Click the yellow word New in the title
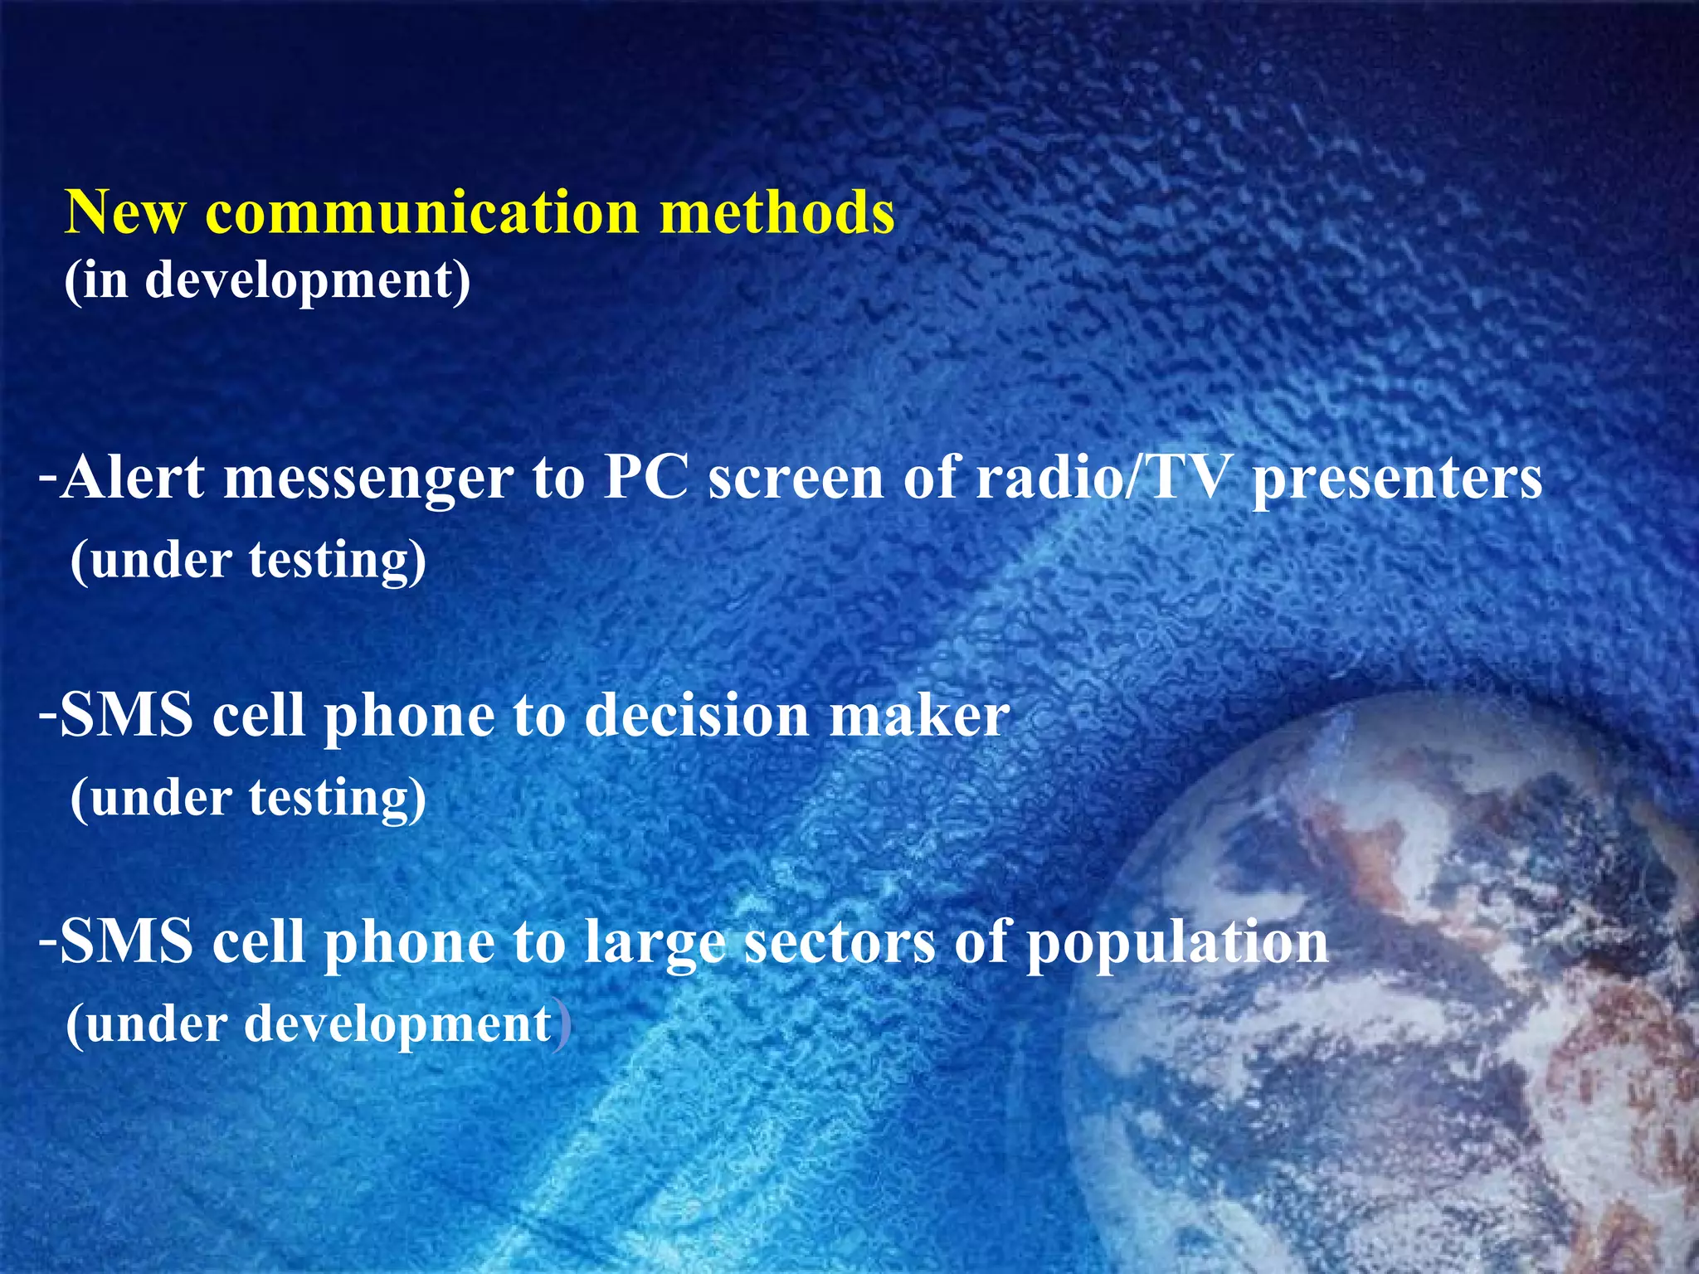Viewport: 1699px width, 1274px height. tap(124, 212)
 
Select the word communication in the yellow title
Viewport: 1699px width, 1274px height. tap(422, 212)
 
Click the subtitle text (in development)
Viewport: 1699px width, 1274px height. tap(267, 280)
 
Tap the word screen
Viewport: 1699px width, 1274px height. tap(796, 479)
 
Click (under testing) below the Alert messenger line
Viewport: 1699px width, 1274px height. tap(248, 560)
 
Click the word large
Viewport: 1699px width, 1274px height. tap(655, 944)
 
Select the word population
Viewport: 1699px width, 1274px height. tap(1177, 944)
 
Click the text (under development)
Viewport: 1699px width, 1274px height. tap(318, 1024)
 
